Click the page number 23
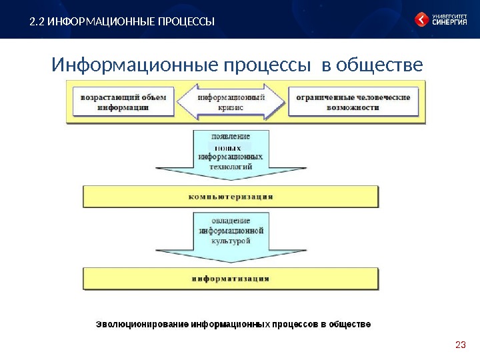click(459, 345)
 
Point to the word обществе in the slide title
click(381, 66)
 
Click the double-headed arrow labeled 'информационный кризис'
click(230, 101)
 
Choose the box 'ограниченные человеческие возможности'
click(353, 101)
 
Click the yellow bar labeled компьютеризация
click(231, 197)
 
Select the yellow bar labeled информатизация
click(231, 279)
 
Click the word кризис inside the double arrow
click(230, 107)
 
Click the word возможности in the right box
click(353, 107)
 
